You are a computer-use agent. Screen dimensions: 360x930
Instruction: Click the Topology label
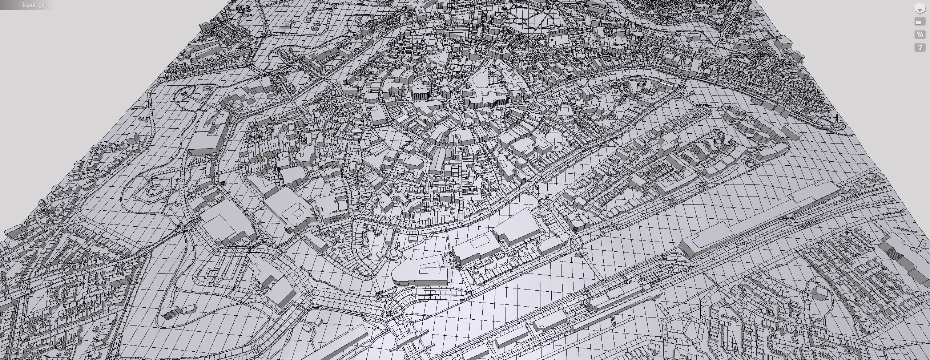coord(33,5)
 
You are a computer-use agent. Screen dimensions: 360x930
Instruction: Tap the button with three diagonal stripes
coord(920,35)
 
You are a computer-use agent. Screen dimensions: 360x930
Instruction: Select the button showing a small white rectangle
coord(920,22)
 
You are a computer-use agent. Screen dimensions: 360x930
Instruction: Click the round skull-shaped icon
coord(920,9)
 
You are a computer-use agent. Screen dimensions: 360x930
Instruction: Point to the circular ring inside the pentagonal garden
coord(154,189)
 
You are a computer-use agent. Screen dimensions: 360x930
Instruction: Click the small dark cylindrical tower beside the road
coord(223,184)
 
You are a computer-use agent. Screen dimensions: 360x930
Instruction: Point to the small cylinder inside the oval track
coord(182,93)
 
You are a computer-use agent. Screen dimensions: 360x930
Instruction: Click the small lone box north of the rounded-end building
coord(412,239)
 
